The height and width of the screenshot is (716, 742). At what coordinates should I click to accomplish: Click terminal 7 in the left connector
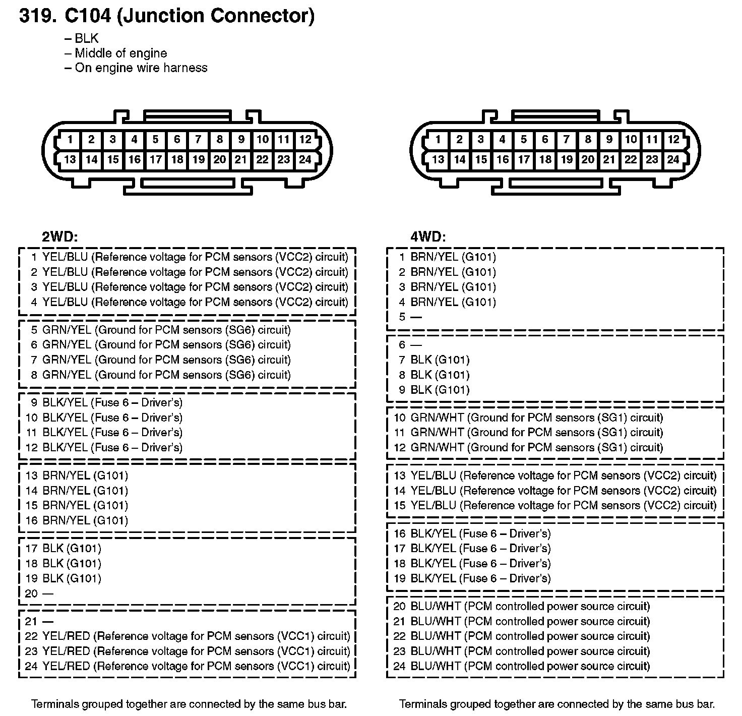click(198, 140)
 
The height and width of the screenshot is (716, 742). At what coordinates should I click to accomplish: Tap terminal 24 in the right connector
click(673, 160)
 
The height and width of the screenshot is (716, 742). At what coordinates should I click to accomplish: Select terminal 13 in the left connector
click(70, 160)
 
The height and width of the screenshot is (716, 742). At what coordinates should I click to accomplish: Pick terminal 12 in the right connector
click(673, 140)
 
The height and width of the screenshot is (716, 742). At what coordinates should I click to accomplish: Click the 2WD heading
click(59, 236)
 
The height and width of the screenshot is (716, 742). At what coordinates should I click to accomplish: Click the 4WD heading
click(428, 236)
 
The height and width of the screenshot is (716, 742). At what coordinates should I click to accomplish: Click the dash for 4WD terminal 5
click(416, 317)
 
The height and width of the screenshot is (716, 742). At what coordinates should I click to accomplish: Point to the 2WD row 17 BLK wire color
click(53, 548)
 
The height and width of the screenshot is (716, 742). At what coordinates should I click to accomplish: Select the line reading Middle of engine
click(120, 53)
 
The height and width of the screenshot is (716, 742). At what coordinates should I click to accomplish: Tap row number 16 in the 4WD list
click(400, 533)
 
